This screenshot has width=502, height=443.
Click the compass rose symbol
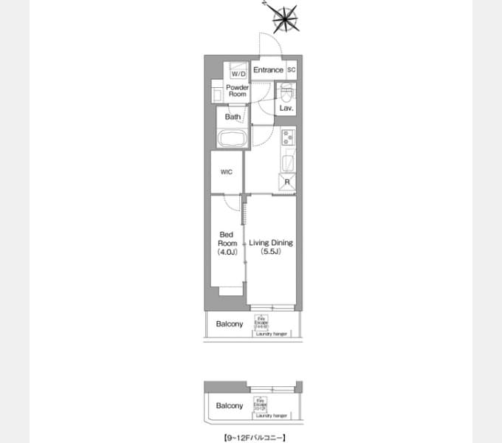(x=284, y=18)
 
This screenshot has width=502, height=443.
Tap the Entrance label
(x=268, y=70)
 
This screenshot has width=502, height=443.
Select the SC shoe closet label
(x=291, y=70)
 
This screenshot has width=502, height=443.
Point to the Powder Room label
(x=237, y=91)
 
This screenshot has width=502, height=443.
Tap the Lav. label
(x=286, y=109)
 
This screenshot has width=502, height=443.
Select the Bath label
(x=233, y=117)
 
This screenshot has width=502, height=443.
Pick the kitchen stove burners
(x=287, y=137)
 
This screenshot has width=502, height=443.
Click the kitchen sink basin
(x=287, y=162)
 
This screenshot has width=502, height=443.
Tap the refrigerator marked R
(x=286, y=182)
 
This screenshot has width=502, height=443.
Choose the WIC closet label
(x=227, y=172)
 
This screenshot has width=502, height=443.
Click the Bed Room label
(x=227, y=239)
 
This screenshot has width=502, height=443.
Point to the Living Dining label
(x=270, y=243)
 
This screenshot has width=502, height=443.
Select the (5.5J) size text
(x=270, y=253)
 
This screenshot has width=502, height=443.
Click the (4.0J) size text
(x=227, y=253)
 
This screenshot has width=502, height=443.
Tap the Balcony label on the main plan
(x=230, y=324)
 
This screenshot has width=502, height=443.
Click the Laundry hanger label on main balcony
(x=272, y=334)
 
